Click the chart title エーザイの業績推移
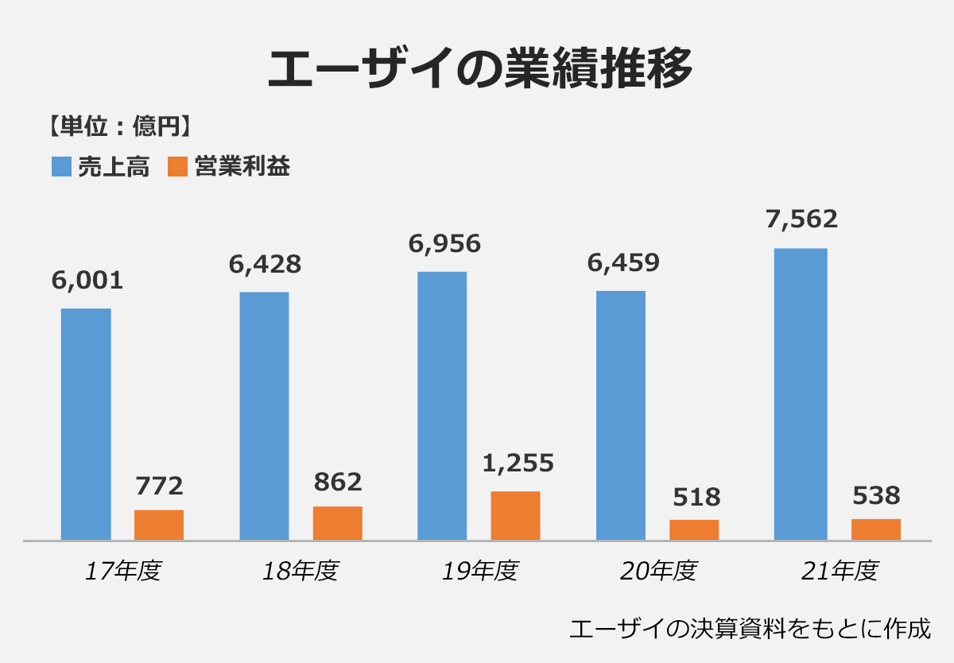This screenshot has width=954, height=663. [x=479, y=70]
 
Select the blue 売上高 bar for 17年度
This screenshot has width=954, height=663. [x=86, y=424]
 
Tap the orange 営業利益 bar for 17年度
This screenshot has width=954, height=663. [x=159, y=525]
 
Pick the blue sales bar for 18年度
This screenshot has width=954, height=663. [x=264, y=416]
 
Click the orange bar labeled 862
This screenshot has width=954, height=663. [x=337, y=523]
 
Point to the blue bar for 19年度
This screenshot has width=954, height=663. [x=442, y=405]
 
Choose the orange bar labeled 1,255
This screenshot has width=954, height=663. [x=515, y=516]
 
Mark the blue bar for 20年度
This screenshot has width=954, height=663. [x=620, y=415]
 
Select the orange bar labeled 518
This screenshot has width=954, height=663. [x=694, y=529]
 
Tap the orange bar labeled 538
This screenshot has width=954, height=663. [x=876, y=529]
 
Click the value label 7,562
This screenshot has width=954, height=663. [x=801, y=219]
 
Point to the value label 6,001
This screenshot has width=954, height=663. [x=87, y=280]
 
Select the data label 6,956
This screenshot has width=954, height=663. [x=444, y=243]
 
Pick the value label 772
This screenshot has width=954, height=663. [x=159, y=485]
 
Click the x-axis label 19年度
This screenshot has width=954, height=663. [x=479, y=571]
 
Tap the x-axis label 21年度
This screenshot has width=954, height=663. [x=839, y=571]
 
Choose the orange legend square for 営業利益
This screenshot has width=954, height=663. [x=178, y=166]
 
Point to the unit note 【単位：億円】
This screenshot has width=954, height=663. [x=118, y=125]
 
